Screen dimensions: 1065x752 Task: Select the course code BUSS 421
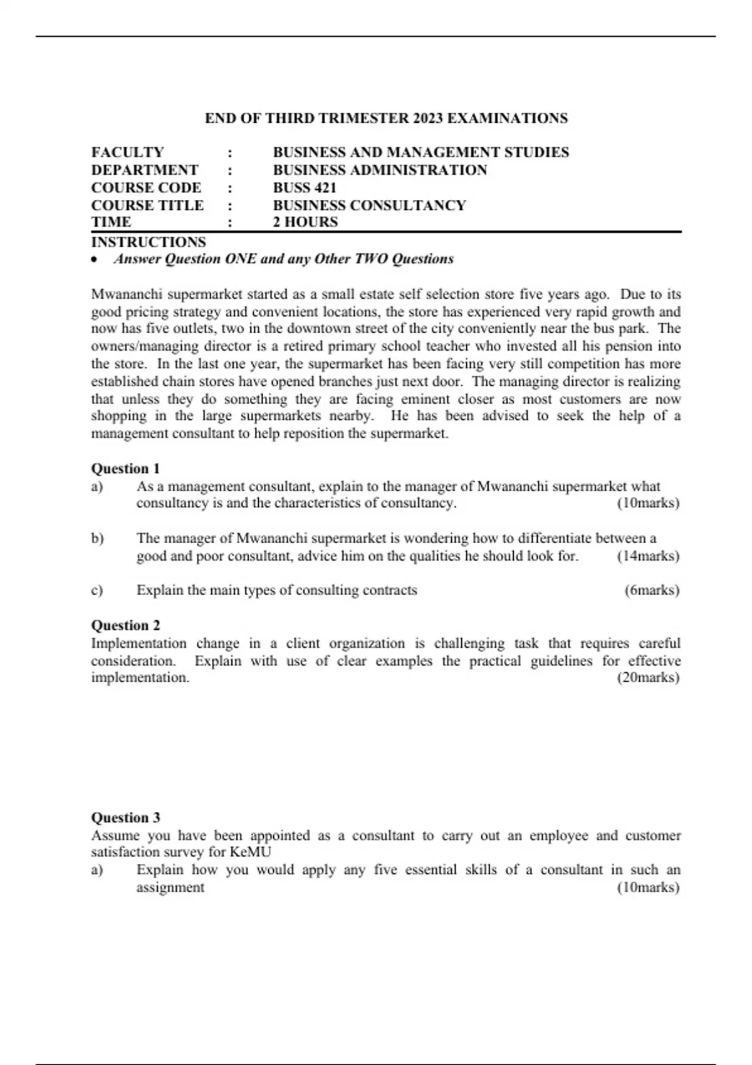coord(305,187)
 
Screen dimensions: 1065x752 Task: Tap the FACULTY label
coord(127,152)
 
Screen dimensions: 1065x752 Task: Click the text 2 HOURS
coord(305,222)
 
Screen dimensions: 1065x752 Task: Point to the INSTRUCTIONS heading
coord(149,242)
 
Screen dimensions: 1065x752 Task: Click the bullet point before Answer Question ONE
coord(95,260)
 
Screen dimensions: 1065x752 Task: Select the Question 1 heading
coord(125,468)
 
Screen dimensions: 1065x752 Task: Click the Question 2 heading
coord(125,625)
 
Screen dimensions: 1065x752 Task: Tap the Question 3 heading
coord(125,817)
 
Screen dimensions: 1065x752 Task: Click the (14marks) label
coord(648,556)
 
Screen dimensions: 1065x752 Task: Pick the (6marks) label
coord(652,590)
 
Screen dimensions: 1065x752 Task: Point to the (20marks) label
coord(648,677)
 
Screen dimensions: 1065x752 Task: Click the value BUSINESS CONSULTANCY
coord(369,205)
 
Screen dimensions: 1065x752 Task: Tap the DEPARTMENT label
coord(145,170)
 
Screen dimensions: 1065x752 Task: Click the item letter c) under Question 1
coord(97,590)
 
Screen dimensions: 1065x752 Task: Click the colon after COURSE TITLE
coord(230,205)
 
